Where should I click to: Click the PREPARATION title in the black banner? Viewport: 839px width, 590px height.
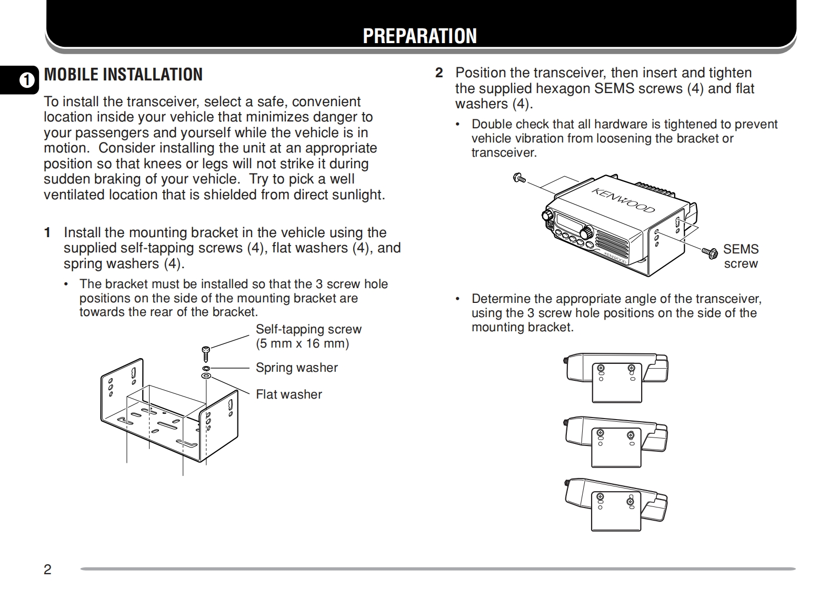(420, 36)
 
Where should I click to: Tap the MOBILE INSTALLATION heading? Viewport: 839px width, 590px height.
(123, 75)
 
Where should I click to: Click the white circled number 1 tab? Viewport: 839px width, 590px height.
(26, 80)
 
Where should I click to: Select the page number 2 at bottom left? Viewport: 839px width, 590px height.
(47, 569)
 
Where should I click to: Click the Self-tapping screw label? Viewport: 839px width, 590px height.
(308, 329)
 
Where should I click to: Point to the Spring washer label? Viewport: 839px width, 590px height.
(296, 368)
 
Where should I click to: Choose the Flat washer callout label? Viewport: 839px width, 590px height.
(288, 394)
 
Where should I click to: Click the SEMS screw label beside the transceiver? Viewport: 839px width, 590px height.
(741, 256)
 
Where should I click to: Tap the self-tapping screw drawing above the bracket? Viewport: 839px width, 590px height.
(206, 353)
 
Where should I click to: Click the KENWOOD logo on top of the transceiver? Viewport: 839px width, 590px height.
(623, 200)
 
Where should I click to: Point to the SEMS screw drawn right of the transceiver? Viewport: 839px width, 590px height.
(710, 252)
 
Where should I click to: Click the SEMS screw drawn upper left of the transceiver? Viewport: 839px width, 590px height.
(519, 178)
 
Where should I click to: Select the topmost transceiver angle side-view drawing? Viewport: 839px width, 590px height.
(616, 377)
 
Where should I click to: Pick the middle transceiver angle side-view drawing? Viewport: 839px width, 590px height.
(616, 441)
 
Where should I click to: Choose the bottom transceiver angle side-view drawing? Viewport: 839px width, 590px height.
(616, 504)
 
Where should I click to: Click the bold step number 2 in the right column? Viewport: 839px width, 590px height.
(439, 73)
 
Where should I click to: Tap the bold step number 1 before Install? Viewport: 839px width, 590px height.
(47, 232)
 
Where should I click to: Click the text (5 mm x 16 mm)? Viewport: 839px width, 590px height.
(302, 344)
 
